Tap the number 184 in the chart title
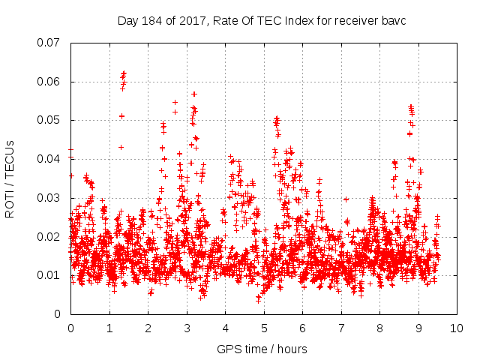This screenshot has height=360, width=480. tap(150, 20)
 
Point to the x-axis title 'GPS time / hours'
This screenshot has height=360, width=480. tap(262, 349)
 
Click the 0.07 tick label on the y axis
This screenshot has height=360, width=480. tap(49, 43)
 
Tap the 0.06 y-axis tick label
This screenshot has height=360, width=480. tap(49, 82)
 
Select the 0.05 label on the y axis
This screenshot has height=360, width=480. tap(49, 120)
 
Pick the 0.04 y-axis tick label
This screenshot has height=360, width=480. tap(49, 159)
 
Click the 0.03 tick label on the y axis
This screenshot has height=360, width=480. tap(49, 198)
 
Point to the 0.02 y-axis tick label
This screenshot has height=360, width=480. tap(49, 236)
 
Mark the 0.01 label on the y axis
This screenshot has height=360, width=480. tap(49, 275)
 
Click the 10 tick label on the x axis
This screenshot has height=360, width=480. tap(457, 328)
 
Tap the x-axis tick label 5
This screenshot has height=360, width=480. tap(264, 328)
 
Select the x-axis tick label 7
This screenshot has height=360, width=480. tap(341, 328)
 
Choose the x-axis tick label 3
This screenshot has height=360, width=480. tap(187, 328)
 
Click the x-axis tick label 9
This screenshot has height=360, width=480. tap(418, 328)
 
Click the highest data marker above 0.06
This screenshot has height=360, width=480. tap(124, 73)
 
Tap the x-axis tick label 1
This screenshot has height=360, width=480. tap(109, 328)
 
